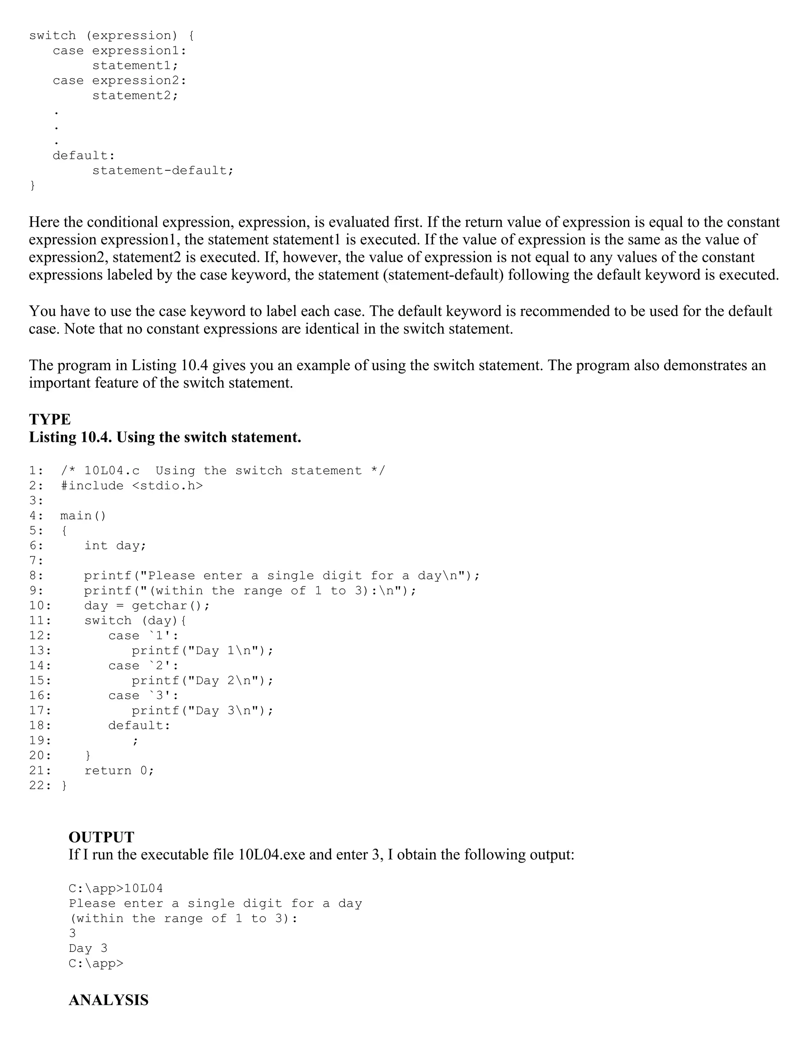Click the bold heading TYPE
(50, 419)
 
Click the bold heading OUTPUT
(101, 837)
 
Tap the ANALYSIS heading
(108, 1000)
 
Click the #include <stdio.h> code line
(132, 486)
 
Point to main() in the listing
(83, 516)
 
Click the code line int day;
(115, 546)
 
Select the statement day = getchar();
(147, 605)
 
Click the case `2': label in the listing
(144, 666)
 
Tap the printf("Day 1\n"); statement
(202, 651)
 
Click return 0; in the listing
(119, 771)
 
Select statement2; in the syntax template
(135, 95)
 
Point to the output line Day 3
(88, 948)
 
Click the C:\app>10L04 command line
(115, 888)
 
